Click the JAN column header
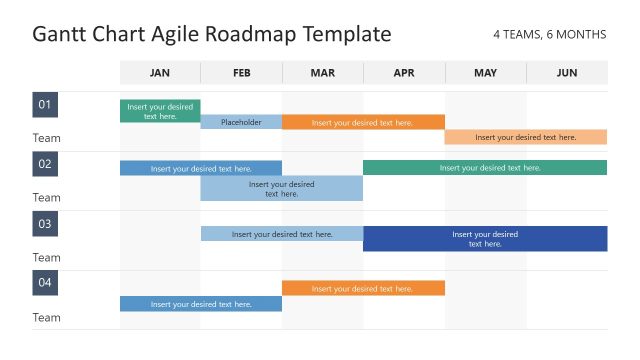point(160,72)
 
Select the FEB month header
point(241,72)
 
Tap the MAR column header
point(323,72)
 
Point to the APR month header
point(404,72)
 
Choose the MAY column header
point(485,72)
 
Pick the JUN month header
point(567,72)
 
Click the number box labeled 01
point(45,105)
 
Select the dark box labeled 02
point(45,164)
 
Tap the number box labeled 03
point(45,224)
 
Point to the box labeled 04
point(45,283)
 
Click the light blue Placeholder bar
point(241,122)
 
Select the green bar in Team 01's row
point(160,111)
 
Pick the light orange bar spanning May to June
point(526,137)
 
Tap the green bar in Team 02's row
point(485,168)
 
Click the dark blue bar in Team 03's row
point(485,239)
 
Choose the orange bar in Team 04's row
point(363,288)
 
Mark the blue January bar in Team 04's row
point(201,304)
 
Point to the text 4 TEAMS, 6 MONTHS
point(549,34)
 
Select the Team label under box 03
point(46,257)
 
